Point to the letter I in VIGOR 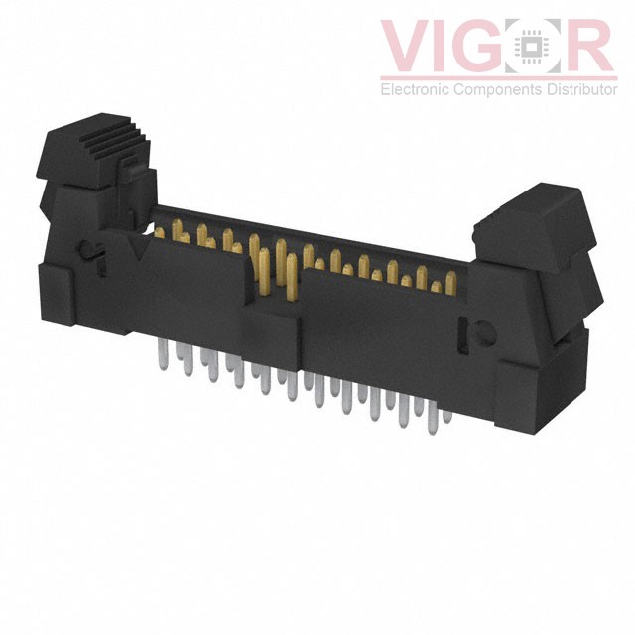coord(444,46)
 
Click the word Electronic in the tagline coord(415,89)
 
